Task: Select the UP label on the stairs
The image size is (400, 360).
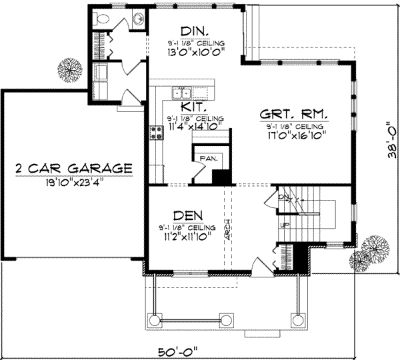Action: (x=285, y=225)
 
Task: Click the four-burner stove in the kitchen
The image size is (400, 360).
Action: (x=158, y=132)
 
